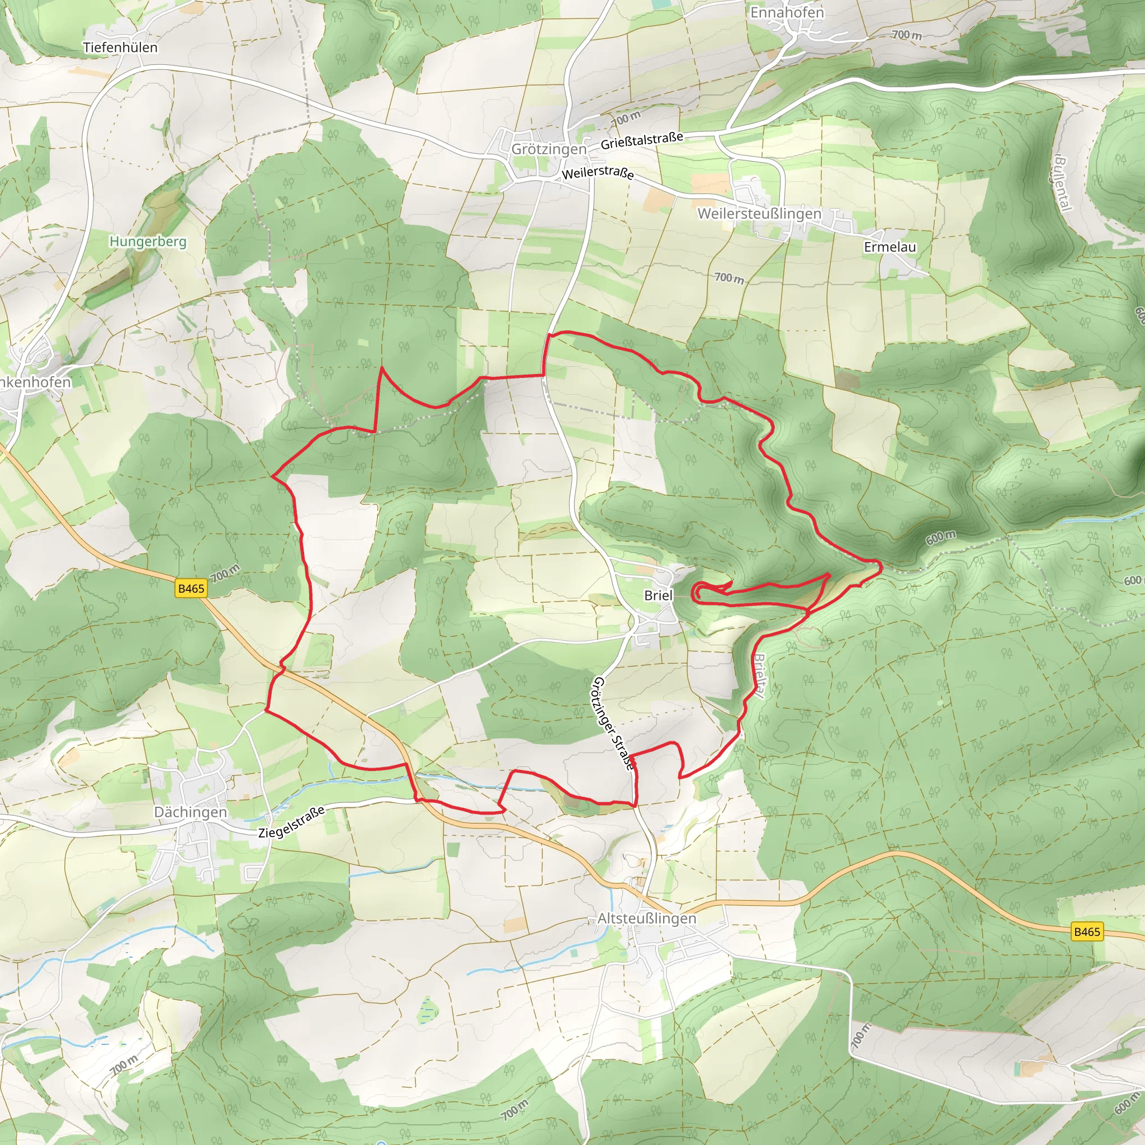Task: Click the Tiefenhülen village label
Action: pyautogui.click(x=120, y=48)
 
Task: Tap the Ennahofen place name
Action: pyautogui.click(x=787, y=12)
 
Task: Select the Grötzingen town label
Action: pyautogui.click(x=549, y=149)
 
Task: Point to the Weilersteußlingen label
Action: pyautogui.click(x=759, y=214)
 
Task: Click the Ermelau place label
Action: pyautogui.click(x=889, y=247)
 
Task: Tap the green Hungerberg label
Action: pyautogui.click(x=148, y=242)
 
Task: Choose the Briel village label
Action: pyautogui.click(x=659, y=595)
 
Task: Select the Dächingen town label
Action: pyautogui.click(x=190, y=812)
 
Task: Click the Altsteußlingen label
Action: pyautogui.click(x=647, y=918)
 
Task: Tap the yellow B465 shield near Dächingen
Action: pyautogui.click(x=191, y=589)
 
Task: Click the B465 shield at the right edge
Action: pyautogui.click(x=1087, y=931)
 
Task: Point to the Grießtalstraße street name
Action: pyautogui.click(x=642, y=141)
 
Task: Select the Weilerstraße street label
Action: pyautogui.click(x=598, y=173)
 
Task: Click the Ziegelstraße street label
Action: pyautogui.click(x=292, y=822)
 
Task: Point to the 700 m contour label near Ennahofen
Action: pyautogui.click(x=907, y=35)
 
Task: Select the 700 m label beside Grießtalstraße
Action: pyautogui.click(x=625, y=119)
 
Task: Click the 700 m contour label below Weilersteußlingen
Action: pyautogui.click(x=729, y=277)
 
